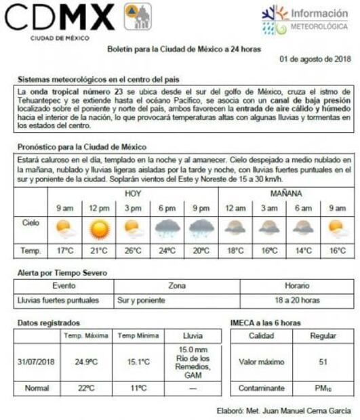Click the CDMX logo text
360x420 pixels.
[x=60, y=18]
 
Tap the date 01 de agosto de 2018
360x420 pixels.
[x=315, y=59]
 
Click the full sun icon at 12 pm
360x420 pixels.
[x=100, y=229]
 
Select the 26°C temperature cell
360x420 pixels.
[x=133, y=251]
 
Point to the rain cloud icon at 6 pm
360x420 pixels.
[x=167, y=229]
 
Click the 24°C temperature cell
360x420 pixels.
[x=167, y=251]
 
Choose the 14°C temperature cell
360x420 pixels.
[x=302, y=251]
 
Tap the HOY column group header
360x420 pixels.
[x=133, y=193]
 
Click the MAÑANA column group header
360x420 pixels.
[x=286, y=193]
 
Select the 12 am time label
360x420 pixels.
[x=235, y=209]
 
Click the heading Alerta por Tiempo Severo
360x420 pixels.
[x=62, y=273]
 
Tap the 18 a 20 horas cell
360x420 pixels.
[x=297, y=299]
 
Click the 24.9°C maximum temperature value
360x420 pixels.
[x=87, y=362]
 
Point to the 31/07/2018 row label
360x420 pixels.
[x=36, y=362]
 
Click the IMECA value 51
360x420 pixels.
[x=323, y=362]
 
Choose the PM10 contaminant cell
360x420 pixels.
[x=323, y=389]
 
